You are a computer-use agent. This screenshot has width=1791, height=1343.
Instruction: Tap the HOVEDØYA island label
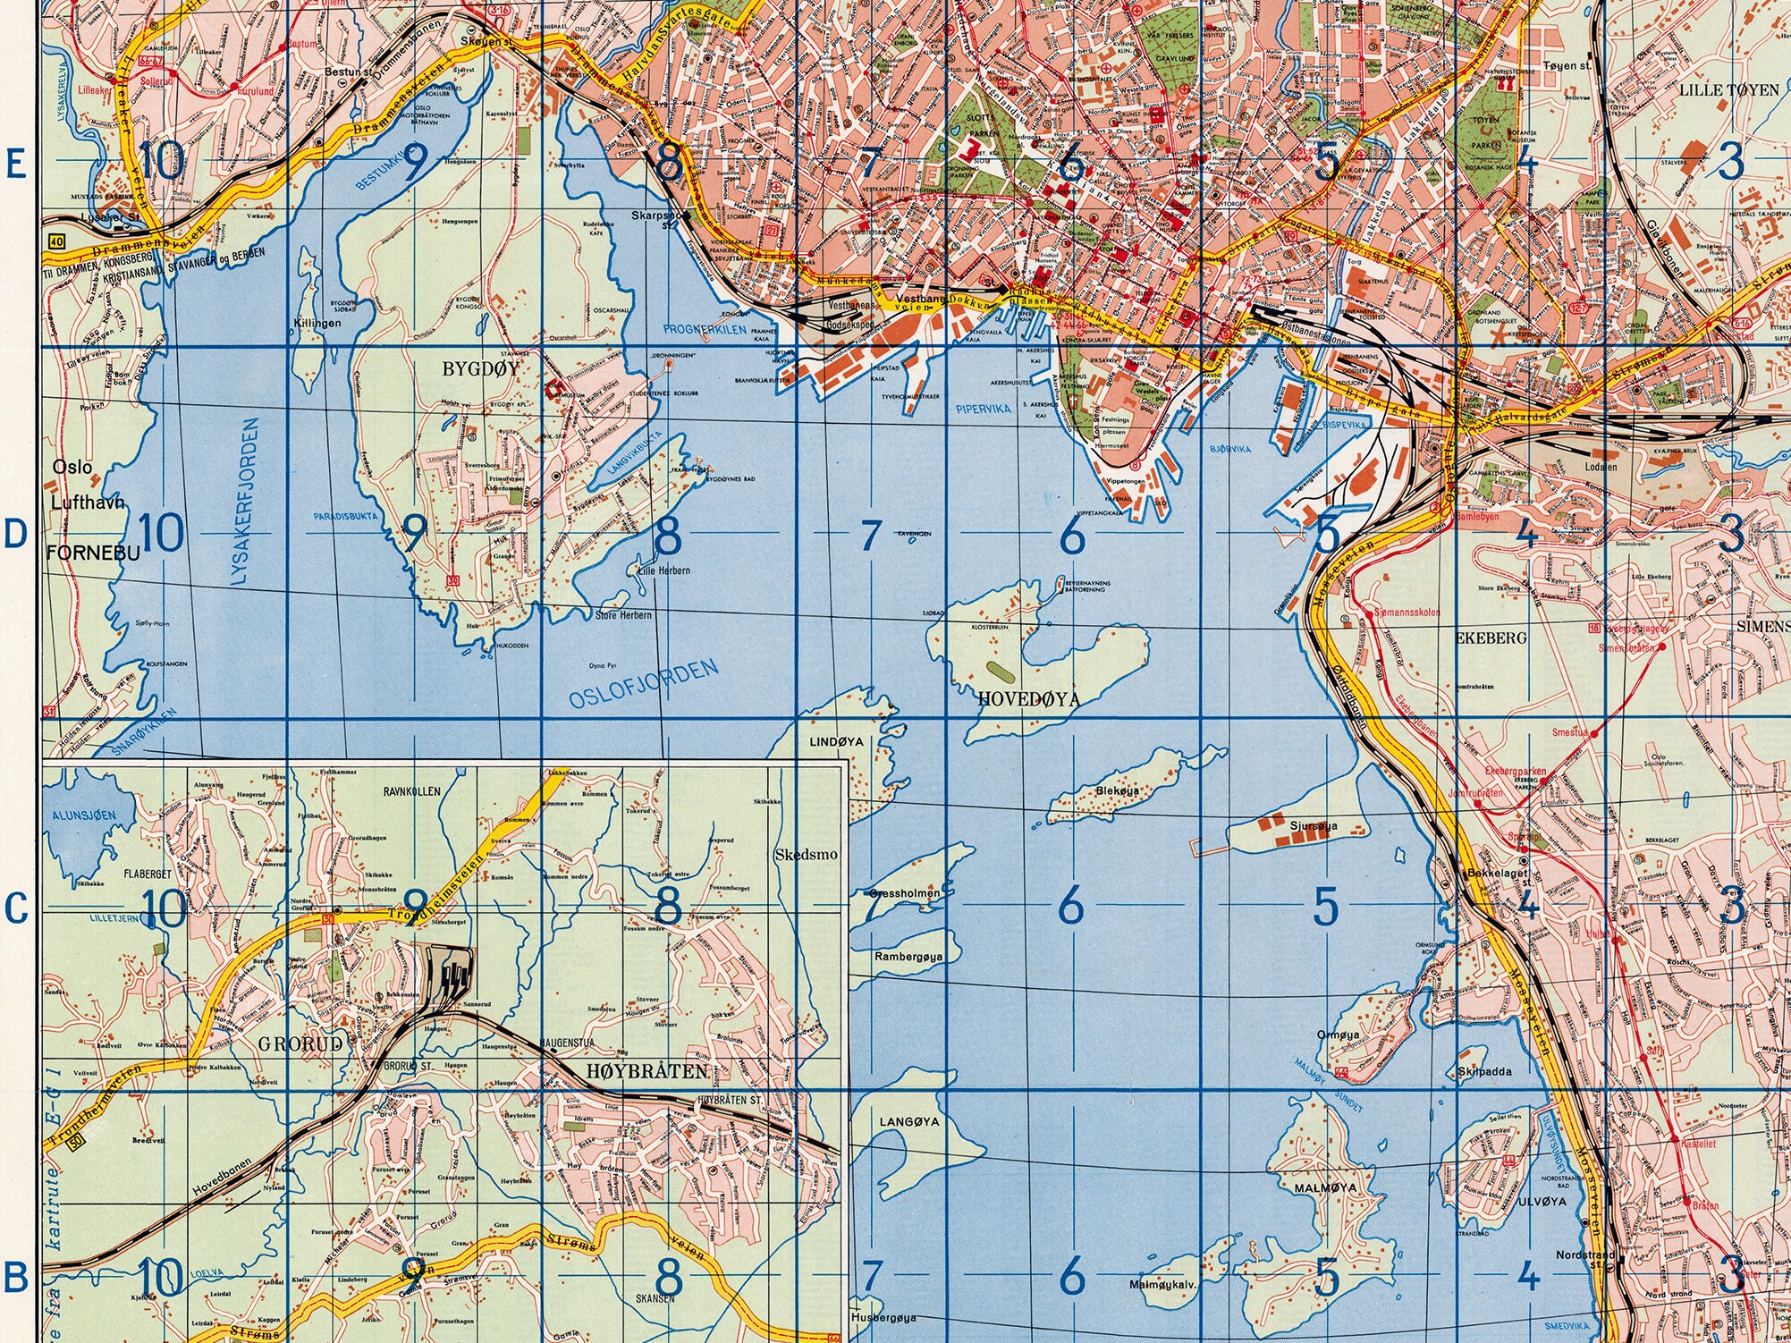(x=1028, y=699)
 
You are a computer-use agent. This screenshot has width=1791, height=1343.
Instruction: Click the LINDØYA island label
(x=836, y=742)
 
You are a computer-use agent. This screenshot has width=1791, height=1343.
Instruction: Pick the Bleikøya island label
(x=1118, y=790)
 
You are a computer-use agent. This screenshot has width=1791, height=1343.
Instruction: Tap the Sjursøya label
(x=1314, y=825)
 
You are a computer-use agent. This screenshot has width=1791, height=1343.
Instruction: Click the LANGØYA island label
(x=909, y=1120)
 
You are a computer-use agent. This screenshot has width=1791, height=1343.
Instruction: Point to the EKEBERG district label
(x=1490, y=638)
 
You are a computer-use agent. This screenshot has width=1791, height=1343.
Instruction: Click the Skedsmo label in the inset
(x=807, y=854)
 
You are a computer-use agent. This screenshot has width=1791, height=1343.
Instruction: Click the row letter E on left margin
(x=14, y=164)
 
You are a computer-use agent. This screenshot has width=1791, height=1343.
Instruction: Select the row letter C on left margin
(x=14, y=910)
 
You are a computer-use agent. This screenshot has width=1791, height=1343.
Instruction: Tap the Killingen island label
(x=317, y=323)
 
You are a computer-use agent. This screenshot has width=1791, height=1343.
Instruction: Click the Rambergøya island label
(x=908, y=956)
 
